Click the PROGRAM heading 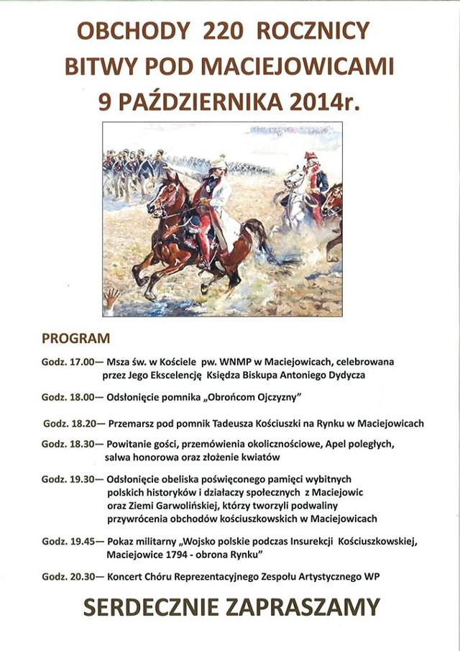75,337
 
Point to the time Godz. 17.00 70,362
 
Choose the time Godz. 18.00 70,397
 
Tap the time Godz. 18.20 73,423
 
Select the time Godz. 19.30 70,479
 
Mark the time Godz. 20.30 70,577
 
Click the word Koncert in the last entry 126,577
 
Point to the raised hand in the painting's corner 111,296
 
